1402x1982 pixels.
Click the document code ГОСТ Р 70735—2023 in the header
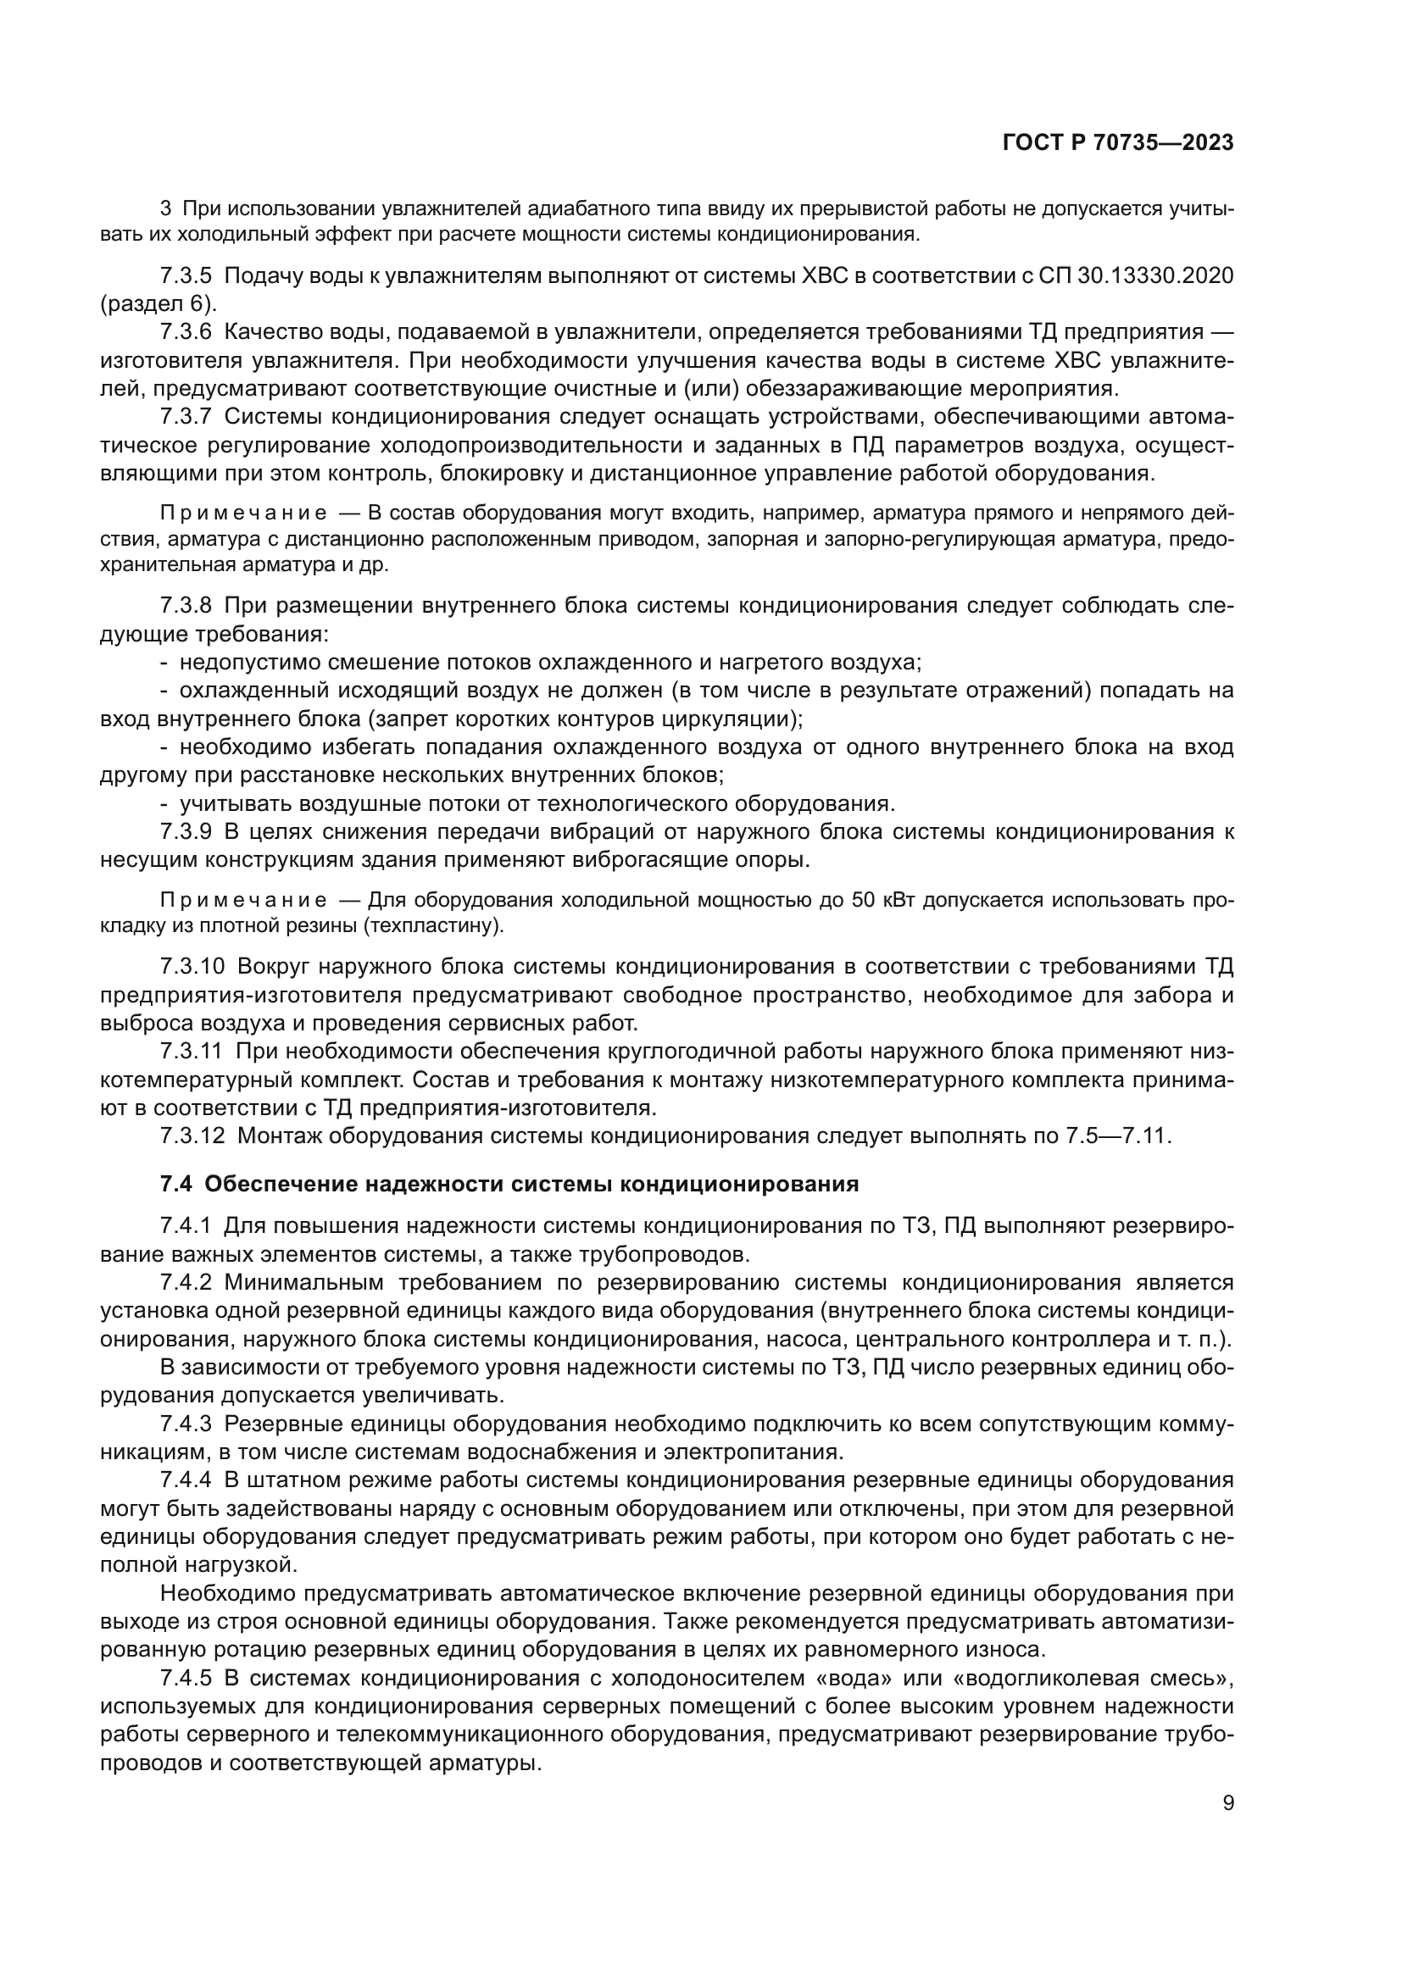(x=1117, y=143)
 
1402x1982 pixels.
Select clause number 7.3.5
(x=186, y=276)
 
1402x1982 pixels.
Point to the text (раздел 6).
(x=159, y=304)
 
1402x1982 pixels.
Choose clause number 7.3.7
(x=186, y=417)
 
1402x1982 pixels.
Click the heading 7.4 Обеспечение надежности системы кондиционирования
(x=509, y=1184)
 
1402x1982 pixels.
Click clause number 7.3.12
(x=192, y=1135)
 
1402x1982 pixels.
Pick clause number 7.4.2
(x=186, y=1282)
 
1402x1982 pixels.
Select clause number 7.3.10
(x=192, y=966)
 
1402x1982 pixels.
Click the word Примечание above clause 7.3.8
(x=243, y=514)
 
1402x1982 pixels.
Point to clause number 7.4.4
(x=186, y=1480)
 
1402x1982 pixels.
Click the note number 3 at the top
(x=166, y=208)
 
